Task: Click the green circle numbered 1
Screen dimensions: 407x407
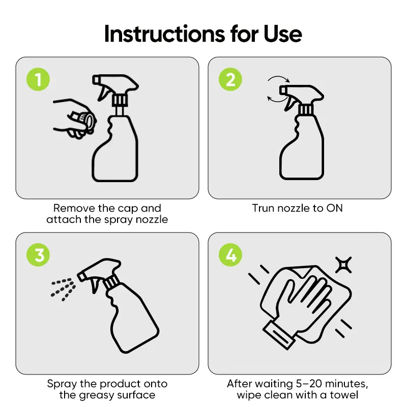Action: click(38, 79)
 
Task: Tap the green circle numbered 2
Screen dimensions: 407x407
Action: click(230, 79)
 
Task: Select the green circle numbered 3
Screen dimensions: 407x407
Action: click(38, 255)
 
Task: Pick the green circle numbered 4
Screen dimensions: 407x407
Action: click(230, 255)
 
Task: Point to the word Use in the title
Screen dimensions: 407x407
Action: click(282, 34)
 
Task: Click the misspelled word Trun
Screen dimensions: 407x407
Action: click(264, 208)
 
